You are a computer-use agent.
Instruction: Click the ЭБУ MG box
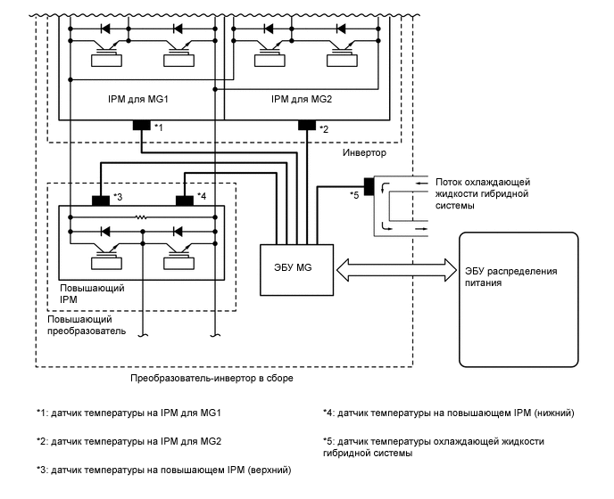click(x=295, y=268)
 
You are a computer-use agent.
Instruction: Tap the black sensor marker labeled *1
click(x=142, y=125)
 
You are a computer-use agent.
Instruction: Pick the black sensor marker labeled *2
click(x=307, y=125)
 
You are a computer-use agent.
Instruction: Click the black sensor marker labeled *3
click(x=101, y=200)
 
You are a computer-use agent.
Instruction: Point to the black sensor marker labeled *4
click(x=186, y=200)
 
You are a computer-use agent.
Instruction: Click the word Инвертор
click(x=364, y=153)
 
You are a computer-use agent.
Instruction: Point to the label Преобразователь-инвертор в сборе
click(x=212, y=378)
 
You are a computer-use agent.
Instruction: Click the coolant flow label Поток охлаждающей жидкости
click(x=482, y=192)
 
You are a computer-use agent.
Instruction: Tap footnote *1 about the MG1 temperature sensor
click(x=129, y=413)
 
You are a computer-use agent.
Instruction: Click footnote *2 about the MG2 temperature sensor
click(x=129, y=441)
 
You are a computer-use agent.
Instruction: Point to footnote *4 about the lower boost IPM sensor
click(x=448, y=413)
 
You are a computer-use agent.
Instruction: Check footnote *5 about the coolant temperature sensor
click(x=433, y=447)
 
